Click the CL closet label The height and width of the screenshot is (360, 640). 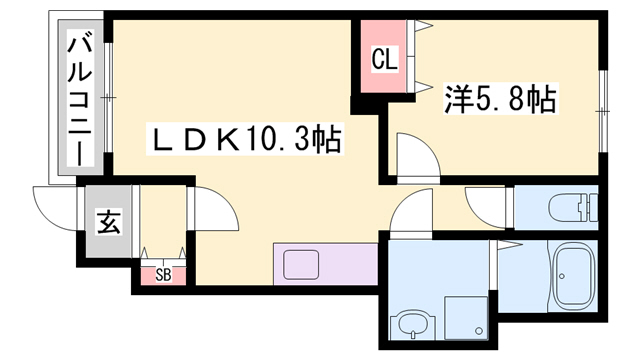coord(384,61)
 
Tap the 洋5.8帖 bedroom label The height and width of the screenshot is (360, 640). coord(499,100)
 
